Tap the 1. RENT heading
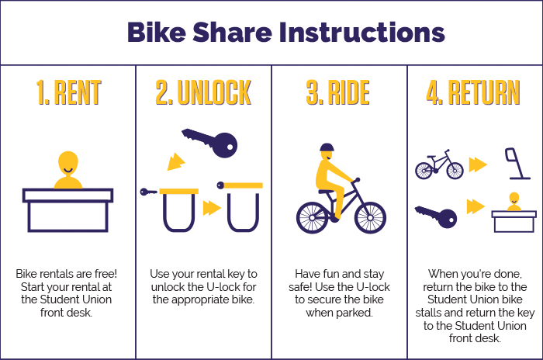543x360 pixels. tap(68, 92)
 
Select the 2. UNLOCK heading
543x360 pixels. tap(203, 92)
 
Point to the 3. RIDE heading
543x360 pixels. tap(337, 92)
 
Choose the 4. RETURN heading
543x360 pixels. tap(473, 92)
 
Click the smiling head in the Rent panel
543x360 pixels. tap(68, 163)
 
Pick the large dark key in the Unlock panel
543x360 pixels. tap(210, 143)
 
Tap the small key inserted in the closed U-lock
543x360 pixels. tap(149, 192)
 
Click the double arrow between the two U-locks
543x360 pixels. tap(212, 208)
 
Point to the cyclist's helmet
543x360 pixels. tap(327, 147)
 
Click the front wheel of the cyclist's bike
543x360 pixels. tap(370, 217)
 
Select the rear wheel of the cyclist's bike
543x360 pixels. tap(312, 217)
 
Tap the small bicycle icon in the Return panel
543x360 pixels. tap(439, 164)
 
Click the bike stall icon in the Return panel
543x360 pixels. tap(517, 164)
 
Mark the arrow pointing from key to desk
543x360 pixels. tap(476, 206)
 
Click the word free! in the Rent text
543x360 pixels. tap(105, 274)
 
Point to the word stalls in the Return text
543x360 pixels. tap(429, 313)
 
